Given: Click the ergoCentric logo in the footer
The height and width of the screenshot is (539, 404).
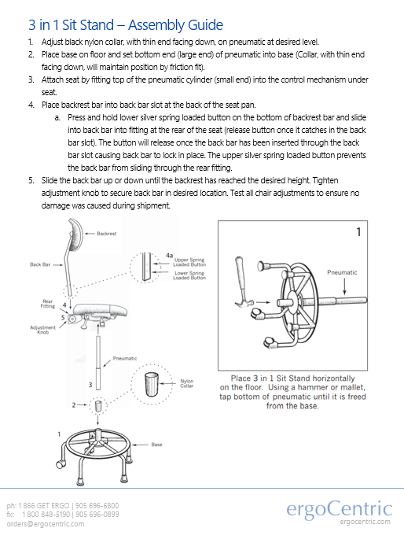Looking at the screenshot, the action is tap(339, 509).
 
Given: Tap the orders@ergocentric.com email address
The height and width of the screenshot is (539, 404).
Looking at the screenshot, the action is tap(46, 524).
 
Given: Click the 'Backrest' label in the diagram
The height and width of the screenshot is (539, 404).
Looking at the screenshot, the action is tap(106, 234).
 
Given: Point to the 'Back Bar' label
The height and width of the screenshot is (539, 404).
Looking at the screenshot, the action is tap(40, 264).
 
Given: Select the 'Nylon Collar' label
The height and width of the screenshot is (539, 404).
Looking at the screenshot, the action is tap(187, 383).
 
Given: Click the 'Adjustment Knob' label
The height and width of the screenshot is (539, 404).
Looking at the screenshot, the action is tap(42, 330).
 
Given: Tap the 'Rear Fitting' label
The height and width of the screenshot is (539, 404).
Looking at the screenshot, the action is tap(48, 304).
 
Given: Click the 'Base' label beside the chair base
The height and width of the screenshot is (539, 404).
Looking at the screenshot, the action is tap(156, 445).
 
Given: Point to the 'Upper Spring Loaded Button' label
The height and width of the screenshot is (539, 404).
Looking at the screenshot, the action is tap(189, 262).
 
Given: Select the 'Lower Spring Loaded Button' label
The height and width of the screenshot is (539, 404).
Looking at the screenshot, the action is tap(189, 275).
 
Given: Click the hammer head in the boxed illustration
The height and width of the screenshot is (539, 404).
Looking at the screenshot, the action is tap(244, 301).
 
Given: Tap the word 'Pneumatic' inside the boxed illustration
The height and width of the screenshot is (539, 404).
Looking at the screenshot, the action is tap(342, 272).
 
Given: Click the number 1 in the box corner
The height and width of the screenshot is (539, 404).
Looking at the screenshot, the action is tap(358, 232).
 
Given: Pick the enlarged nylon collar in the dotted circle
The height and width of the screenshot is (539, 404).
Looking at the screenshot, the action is tap(152, 384).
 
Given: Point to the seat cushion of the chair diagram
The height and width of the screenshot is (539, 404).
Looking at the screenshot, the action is tap(101, 311).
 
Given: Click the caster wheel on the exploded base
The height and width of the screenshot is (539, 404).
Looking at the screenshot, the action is tap(60, 464).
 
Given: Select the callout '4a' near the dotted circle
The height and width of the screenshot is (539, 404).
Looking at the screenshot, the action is tap(169, 255).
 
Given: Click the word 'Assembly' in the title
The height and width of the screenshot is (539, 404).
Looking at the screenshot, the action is tap(151, 25).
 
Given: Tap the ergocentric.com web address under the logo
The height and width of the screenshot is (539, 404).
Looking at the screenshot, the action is tap(365, 522).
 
